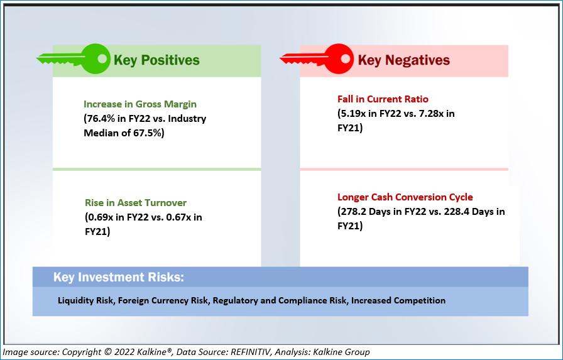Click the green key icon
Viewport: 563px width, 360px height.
point(74,59)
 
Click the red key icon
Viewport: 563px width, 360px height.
point(317,59)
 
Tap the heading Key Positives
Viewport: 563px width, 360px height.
point(156,60)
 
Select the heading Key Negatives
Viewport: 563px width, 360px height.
point(404,60)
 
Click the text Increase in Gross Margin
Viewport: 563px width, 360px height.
point(140,104)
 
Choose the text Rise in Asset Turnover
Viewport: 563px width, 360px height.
point(136,203)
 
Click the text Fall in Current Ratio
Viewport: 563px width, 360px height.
point(383,99)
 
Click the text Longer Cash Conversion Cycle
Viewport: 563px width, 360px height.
point(405,197)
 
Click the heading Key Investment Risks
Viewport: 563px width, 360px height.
point(119,277)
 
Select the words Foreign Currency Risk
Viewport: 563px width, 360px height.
point(163,300)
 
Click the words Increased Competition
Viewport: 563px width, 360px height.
point(398,300)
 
